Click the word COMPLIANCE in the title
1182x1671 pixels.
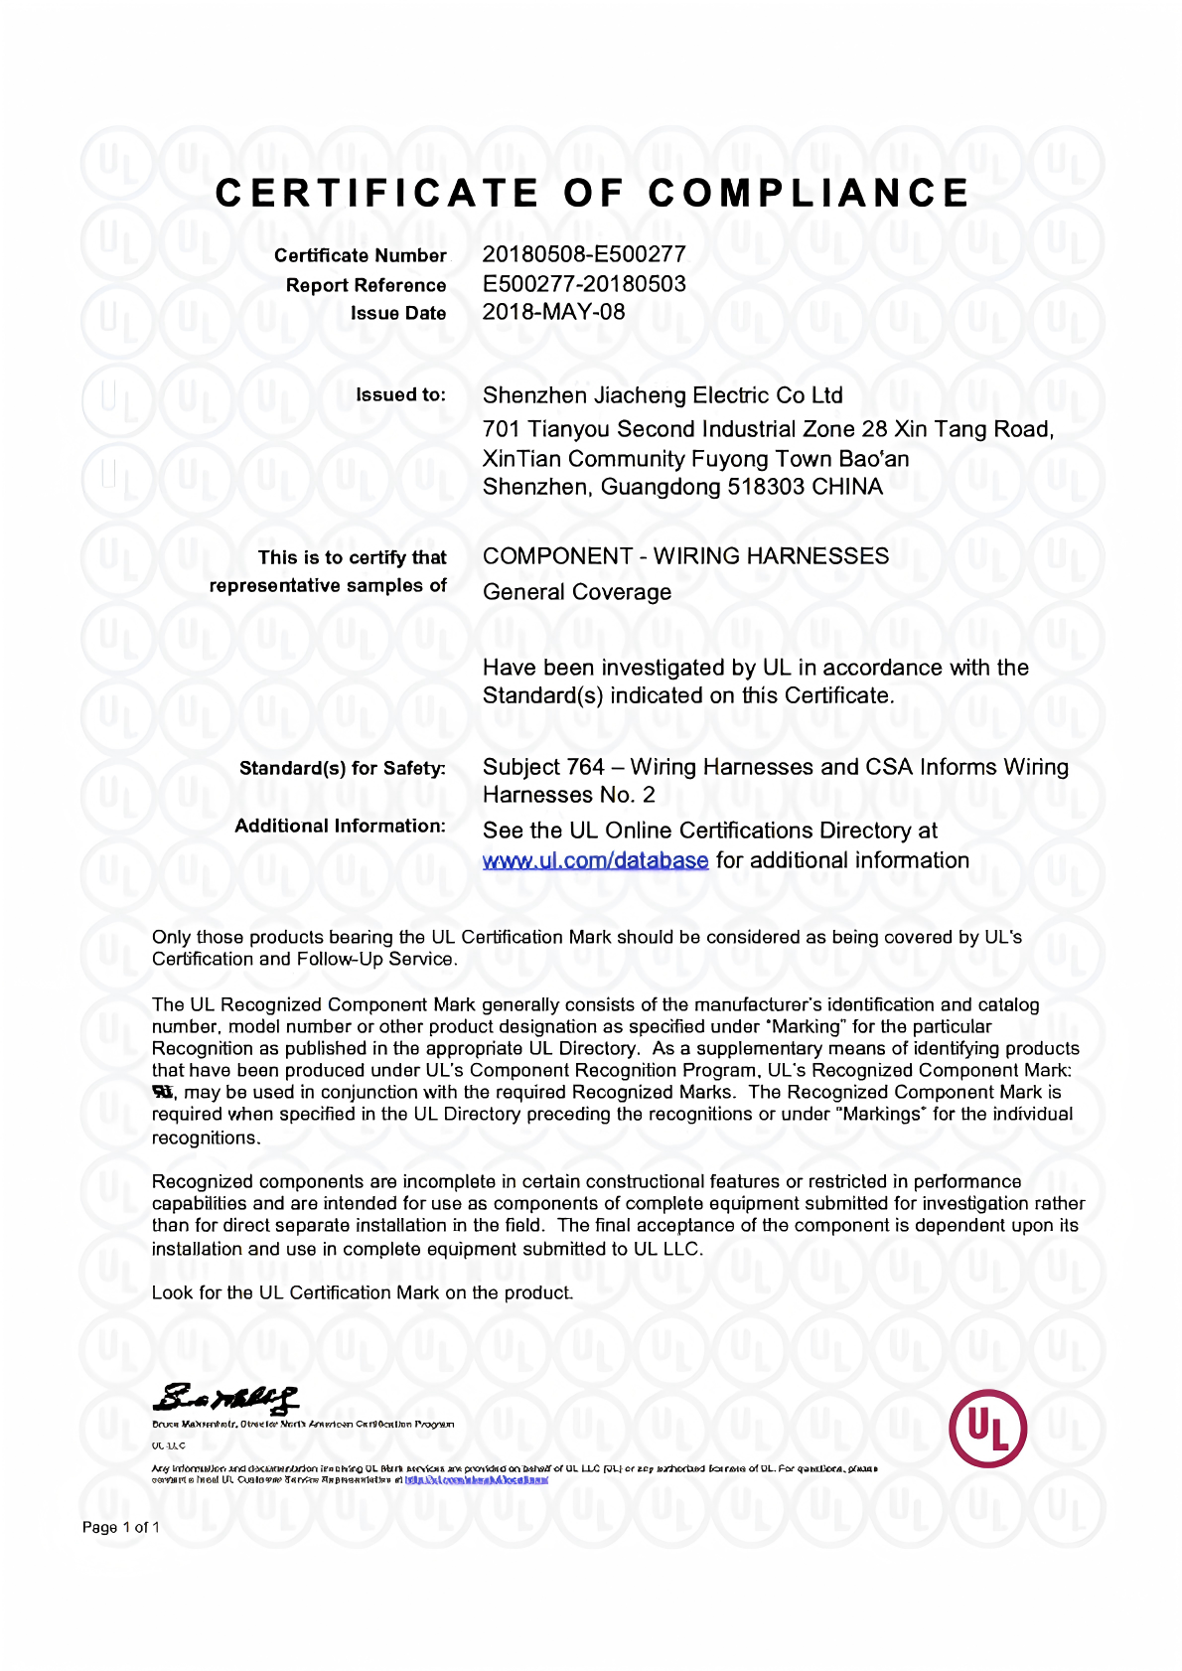coord(810,193)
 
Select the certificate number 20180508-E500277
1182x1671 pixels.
coord(584,254)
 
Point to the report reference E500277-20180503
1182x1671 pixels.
coord(584,283)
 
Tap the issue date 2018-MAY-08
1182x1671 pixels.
coord(553,312)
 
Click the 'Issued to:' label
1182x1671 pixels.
coord(401,394)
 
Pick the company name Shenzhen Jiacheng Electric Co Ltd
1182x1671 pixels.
coord(663,395)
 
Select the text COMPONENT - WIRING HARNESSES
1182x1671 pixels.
coord(685,556)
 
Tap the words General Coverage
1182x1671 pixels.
coord(577,592)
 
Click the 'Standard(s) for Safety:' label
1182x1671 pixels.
coord(343,768)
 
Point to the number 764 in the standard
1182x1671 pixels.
coord(585,767)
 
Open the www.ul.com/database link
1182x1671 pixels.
coord(595,860)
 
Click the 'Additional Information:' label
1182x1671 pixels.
coord(340,826)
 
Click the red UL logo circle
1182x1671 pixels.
coord(987,1429)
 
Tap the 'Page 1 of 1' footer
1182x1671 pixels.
coord(120,1527)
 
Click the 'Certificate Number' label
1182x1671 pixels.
coord(361,255)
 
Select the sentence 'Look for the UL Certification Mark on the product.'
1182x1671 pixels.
coord(363,1292)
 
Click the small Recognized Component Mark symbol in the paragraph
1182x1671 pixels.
coord(163,1092)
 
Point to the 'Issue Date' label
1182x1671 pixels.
coord(398,313)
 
